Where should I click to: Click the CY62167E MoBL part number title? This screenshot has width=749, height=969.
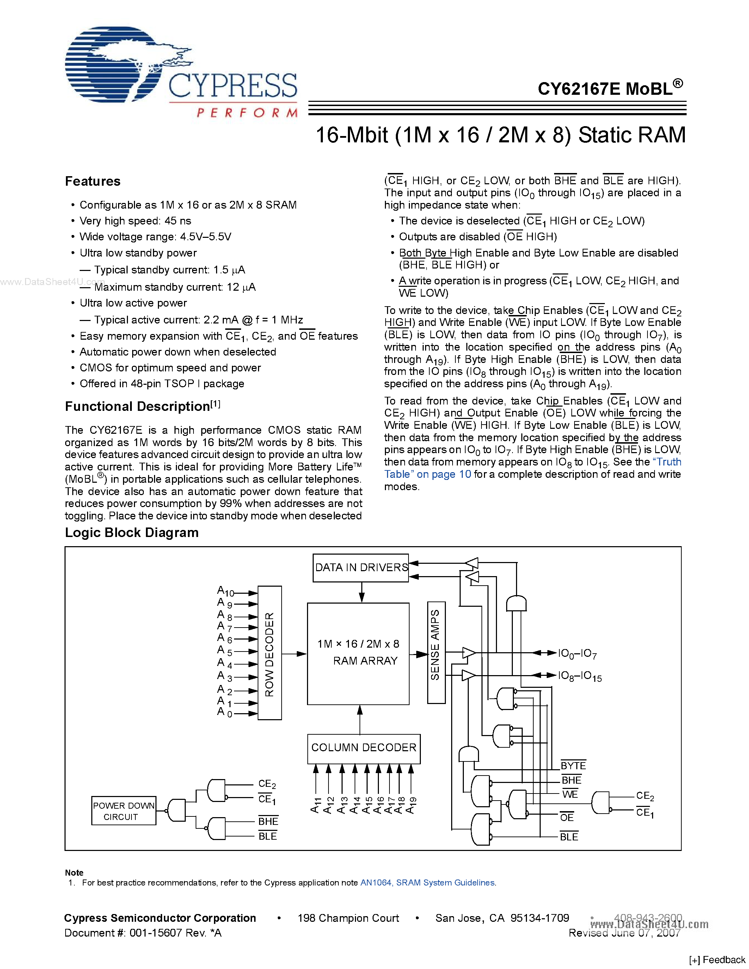pyautogui.click(x=610, y=89)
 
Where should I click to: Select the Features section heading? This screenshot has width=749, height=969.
pyautogui.click(x=93, y=181)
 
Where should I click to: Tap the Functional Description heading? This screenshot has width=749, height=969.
pyautogui.click(x=137, y=406)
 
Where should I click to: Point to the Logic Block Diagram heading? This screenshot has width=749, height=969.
pyautogui.click(x=131, y=532)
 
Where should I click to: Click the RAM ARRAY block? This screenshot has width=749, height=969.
pyautogui.click(x=358, y=653)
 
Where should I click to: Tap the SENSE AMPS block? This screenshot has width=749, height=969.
pyautogui.click(x=436, y=652)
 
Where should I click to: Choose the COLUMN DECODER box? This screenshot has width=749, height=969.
pyautogui.click(x=363, y=748)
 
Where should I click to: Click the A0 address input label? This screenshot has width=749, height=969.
pyautogui.click(x=224, y=712)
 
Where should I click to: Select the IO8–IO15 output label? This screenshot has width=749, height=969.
pyautogui.click(x=579, y=676)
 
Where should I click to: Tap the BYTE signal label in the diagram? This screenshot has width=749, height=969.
pyautogui.click(x=573, y=765)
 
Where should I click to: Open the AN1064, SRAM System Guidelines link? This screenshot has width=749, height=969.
pyautogui.click(x=427, y=882)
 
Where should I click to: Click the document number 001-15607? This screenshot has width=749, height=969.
pyautogui.click(x=156, y=933)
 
